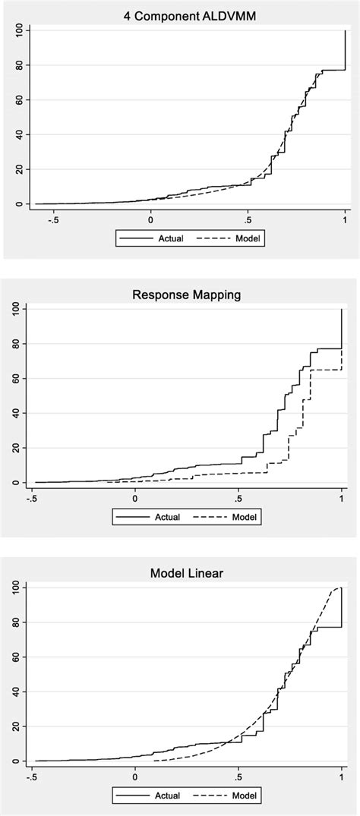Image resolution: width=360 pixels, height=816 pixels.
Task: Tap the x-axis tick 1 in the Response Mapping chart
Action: click(x=342, y=499)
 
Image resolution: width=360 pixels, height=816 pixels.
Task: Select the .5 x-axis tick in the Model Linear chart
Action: click(x=238, y=777)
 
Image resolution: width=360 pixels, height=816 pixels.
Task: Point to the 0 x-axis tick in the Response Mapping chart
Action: click(x=135, y=499)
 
